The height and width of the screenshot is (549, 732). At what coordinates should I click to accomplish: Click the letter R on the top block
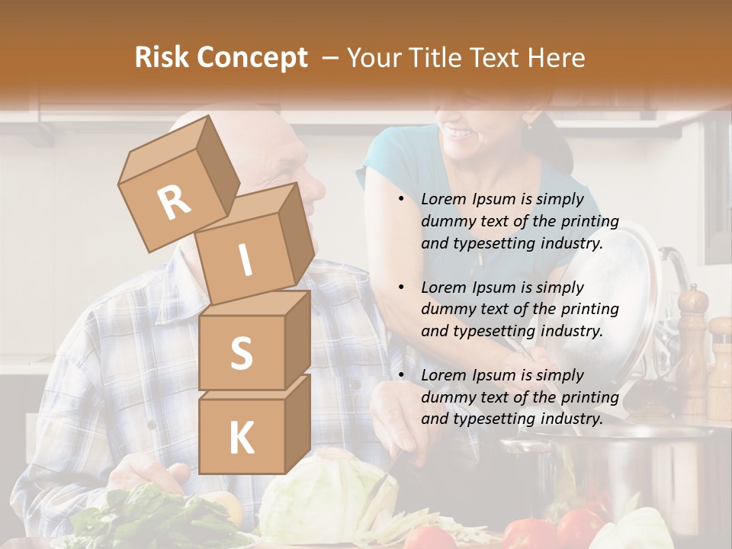(x=175, y=203)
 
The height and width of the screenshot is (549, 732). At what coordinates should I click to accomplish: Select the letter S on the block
(x=241, y=353)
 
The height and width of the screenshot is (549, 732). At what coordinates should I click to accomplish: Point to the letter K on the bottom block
(x=241, y=438)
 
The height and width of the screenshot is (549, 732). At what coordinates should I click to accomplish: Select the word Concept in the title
(x=252, y=58)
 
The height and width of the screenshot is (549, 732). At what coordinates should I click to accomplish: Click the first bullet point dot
(x=401, y=200)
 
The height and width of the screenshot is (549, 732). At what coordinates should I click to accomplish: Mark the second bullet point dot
(x=401, y=287)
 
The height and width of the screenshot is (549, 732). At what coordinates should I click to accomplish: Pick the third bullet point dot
(x=401, y=375)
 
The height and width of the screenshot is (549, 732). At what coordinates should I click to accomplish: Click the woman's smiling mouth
(x=459, y=133)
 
